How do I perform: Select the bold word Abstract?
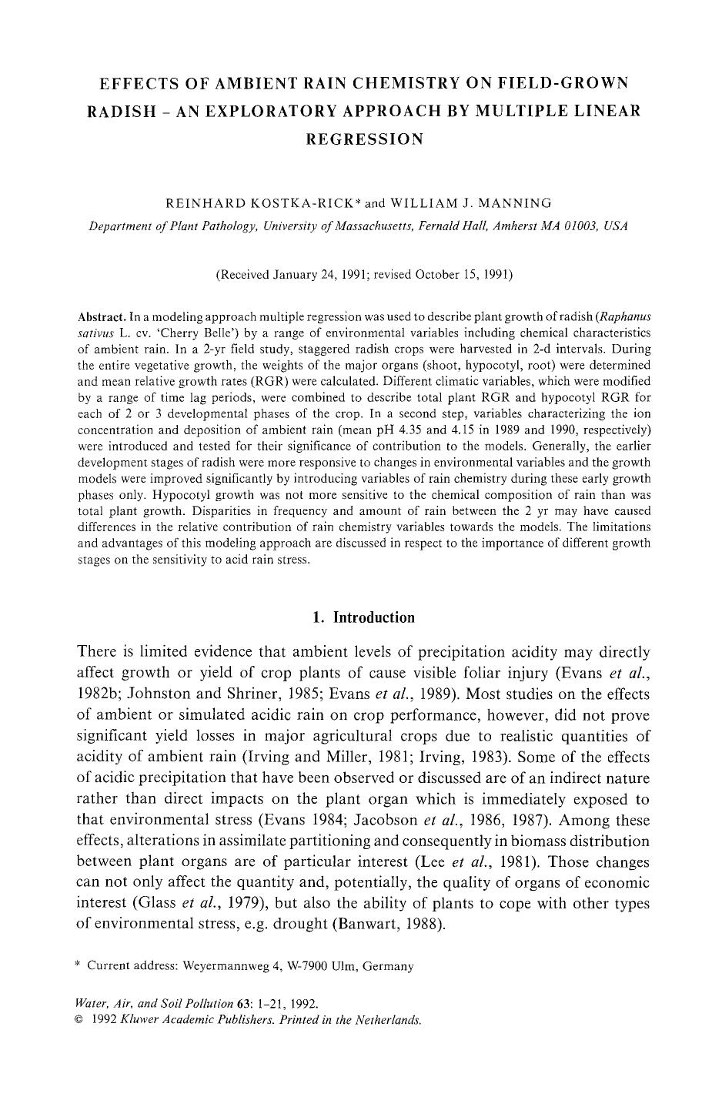pos(102,317)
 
